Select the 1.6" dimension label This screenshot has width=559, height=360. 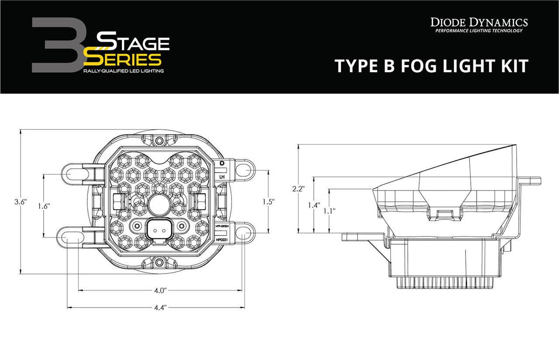coord(44,206)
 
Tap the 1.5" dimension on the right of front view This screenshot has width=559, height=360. coord(269,201)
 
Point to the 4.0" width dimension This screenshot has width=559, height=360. coord(160,290)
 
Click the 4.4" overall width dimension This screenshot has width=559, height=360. coord(160,308)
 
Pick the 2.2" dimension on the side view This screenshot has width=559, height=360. coord(298,189)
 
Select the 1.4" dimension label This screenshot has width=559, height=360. coord(314,204)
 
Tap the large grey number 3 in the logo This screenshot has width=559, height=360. coord(55,45)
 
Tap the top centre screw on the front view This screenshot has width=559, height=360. coord(160,141)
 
